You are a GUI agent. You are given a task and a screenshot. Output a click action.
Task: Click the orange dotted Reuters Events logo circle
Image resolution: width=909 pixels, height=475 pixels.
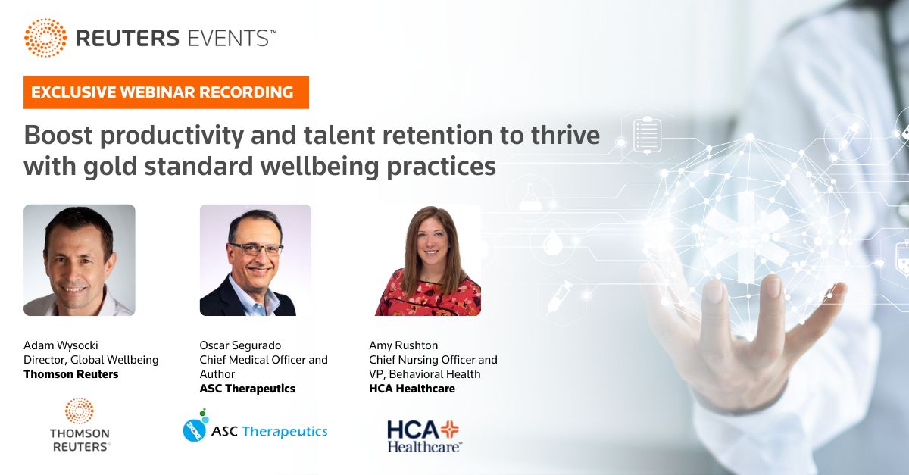tap(45, 38)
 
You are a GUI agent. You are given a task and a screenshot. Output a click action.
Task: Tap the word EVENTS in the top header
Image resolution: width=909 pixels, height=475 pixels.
tap(229, 39)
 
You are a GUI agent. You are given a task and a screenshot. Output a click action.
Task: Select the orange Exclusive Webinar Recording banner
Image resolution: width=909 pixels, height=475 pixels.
tap(166, 92)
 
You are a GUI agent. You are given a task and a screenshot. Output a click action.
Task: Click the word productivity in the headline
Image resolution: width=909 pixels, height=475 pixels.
tap(172, 136)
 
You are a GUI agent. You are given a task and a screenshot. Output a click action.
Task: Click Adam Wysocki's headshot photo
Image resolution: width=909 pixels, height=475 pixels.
tap(79, 260)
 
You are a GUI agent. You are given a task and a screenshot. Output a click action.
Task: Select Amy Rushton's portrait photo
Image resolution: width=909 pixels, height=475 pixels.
tap(427, 261)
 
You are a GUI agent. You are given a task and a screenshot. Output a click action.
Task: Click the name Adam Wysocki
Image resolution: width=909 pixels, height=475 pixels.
tap(61, 345)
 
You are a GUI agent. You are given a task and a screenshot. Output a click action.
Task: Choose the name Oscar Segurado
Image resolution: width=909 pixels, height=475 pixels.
tap(240, 345)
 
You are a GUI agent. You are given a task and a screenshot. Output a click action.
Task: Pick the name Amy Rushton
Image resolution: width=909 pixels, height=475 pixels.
tap(403, 345)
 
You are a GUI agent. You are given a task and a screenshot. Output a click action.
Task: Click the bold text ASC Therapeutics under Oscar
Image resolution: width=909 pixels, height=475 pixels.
tap(248, 389)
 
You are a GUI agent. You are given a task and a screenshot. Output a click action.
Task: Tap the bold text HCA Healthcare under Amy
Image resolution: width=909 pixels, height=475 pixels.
tap(412, 389)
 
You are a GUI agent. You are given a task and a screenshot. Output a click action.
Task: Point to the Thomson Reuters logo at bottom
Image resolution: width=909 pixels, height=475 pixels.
tap(80, 425)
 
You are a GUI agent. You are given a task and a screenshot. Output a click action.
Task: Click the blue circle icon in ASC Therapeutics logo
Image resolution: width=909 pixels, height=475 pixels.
tap(195, 430)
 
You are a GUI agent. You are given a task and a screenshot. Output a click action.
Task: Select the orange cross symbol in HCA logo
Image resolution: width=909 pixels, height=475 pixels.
tap(450, 430)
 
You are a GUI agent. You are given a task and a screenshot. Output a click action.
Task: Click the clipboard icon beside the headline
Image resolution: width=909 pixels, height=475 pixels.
tap(647, 135)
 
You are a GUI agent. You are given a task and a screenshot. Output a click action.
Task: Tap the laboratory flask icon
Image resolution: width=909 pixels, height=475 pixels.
tap(531, 197)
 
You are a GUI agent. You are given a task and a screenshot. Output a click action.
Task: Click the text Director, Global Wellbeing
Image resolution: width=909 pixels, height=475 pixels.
tap(91, 360)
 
